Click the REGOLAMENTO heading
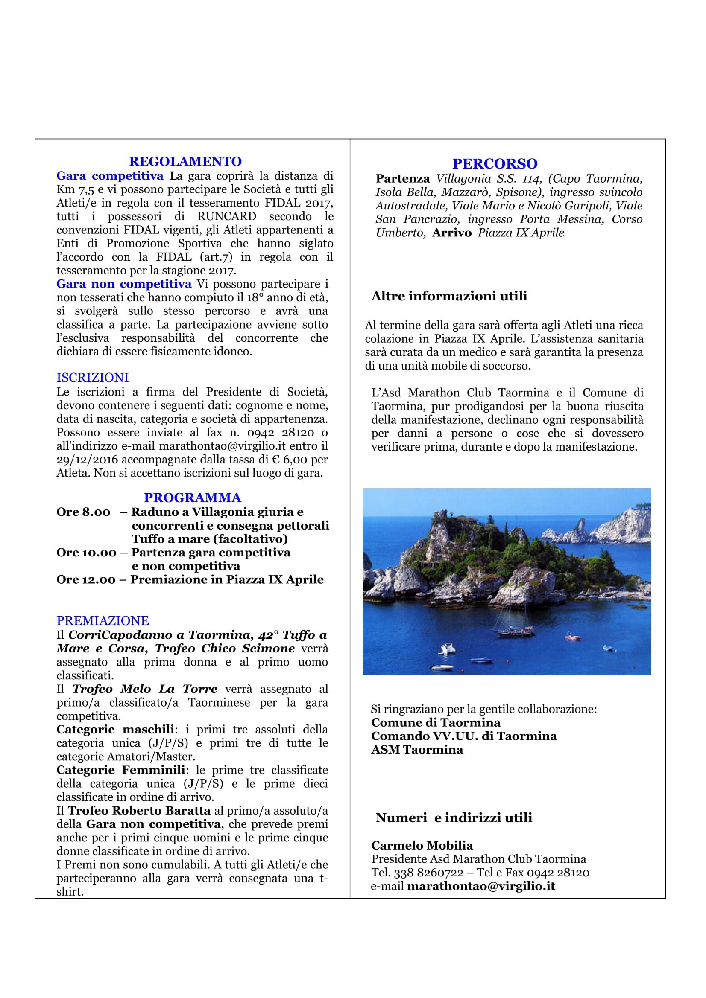tap(185, 162)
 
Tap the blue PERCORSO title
tap(495, 164)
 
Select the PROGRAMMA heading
tap(192, 498)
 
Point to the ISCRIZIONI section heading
tap(93, 377)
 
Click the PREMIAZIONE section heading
tap(103, 620)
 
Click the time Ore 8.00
tap(84, 512)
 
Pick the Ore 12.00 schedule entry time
tap(86, 579)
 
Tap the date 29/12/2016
tap(87, 460)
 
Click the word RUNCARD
tap(227, 216)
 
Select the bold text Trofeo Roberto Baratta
tap(139, 810)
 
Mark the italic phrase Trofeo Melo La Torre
tap(145, 689)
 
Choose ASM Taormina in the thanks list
tap(417, 750)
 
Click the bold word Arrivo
tap(451, 233)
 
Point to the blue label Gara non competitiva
tap(124, 284)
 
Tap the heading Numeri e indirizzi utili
tap(454, 818)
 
